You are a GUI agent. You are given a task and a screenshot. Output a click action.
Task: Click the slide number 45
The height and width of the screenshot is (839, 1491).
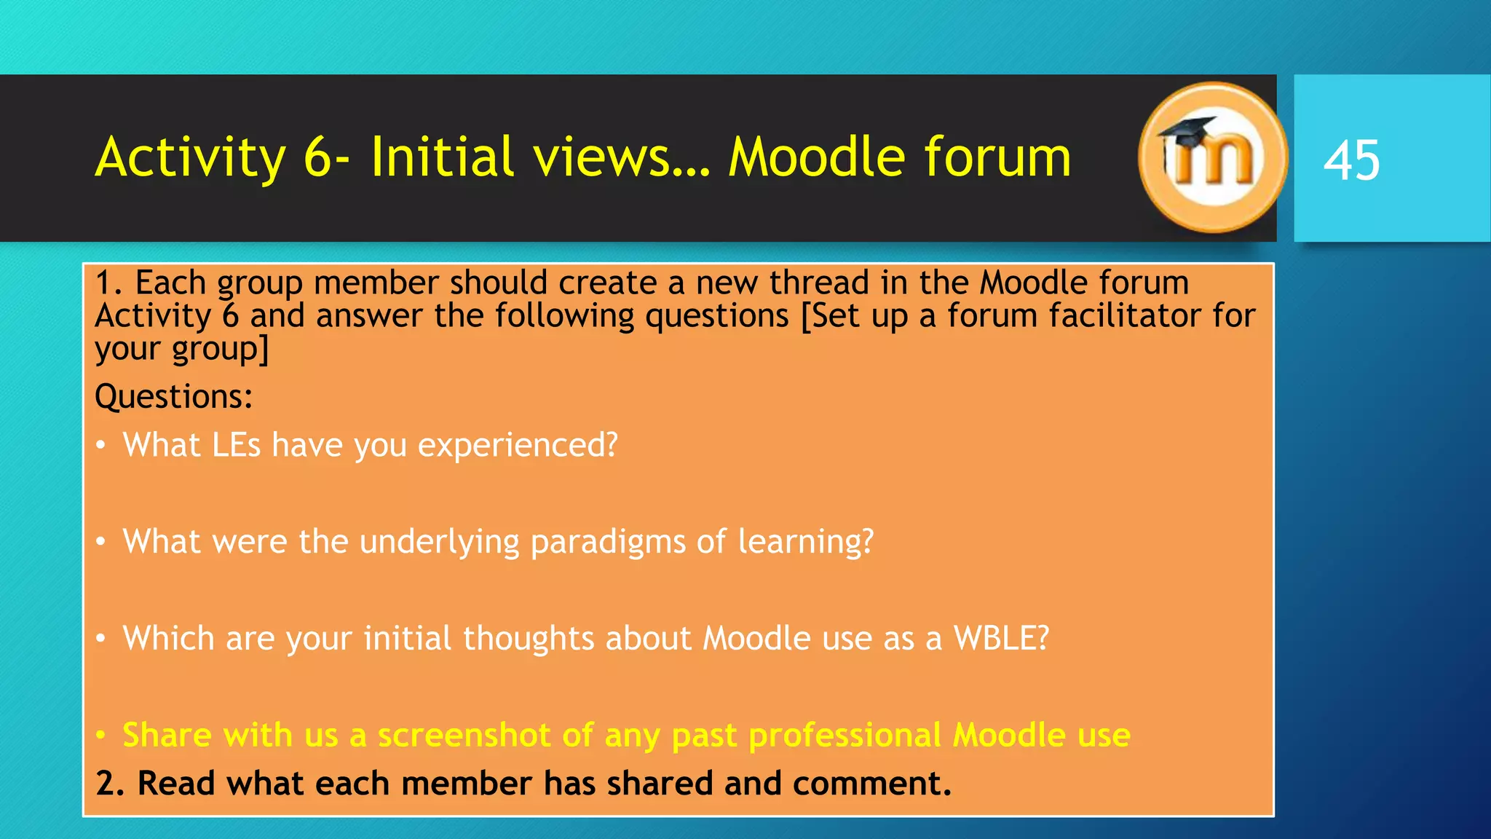click(1351, 160)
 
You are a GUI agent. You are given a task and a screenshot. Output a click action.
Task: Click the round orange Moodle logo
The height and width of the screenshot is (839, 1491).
click(1211, 158)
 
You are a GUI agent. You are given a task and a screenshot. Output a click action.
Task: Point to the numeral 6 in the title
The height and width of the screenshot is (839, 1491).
click(317, 157)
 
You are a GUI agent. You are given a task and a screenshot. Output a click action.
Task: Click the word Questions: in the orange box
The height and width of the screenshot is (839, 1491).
click(174, 397)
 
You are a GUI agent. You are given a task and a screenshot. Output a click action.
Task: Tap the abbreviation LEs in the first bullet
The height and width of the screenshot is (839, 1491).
click(236, 445)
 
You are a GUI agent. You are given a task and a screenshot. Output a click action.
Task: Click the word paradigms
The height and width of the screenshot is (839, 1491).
click(608, 543)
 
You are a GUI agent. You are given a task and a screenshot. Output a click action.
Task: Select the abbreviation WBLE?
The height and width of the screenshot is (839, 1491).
click(1001, 639)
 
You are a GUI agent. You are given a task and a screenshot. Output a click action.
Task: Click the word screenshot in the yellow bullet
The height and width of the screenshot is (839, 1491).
click(464, 735)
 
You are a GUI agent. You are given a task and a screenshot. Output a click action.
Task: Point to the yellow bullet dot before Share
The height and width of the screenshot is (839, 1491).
click(102, 735)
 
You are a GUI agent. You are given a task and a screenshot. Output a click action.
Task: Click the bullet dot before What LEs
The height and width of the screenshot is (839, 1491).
click(102, 445)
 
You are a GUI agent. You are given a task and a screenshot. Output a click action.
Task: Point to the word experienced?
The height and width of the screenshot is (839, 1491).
click(518, 445)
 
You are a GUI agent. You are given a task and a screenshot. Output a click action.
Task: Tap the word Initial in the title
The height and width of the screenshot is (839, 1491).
click(442, 157)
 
